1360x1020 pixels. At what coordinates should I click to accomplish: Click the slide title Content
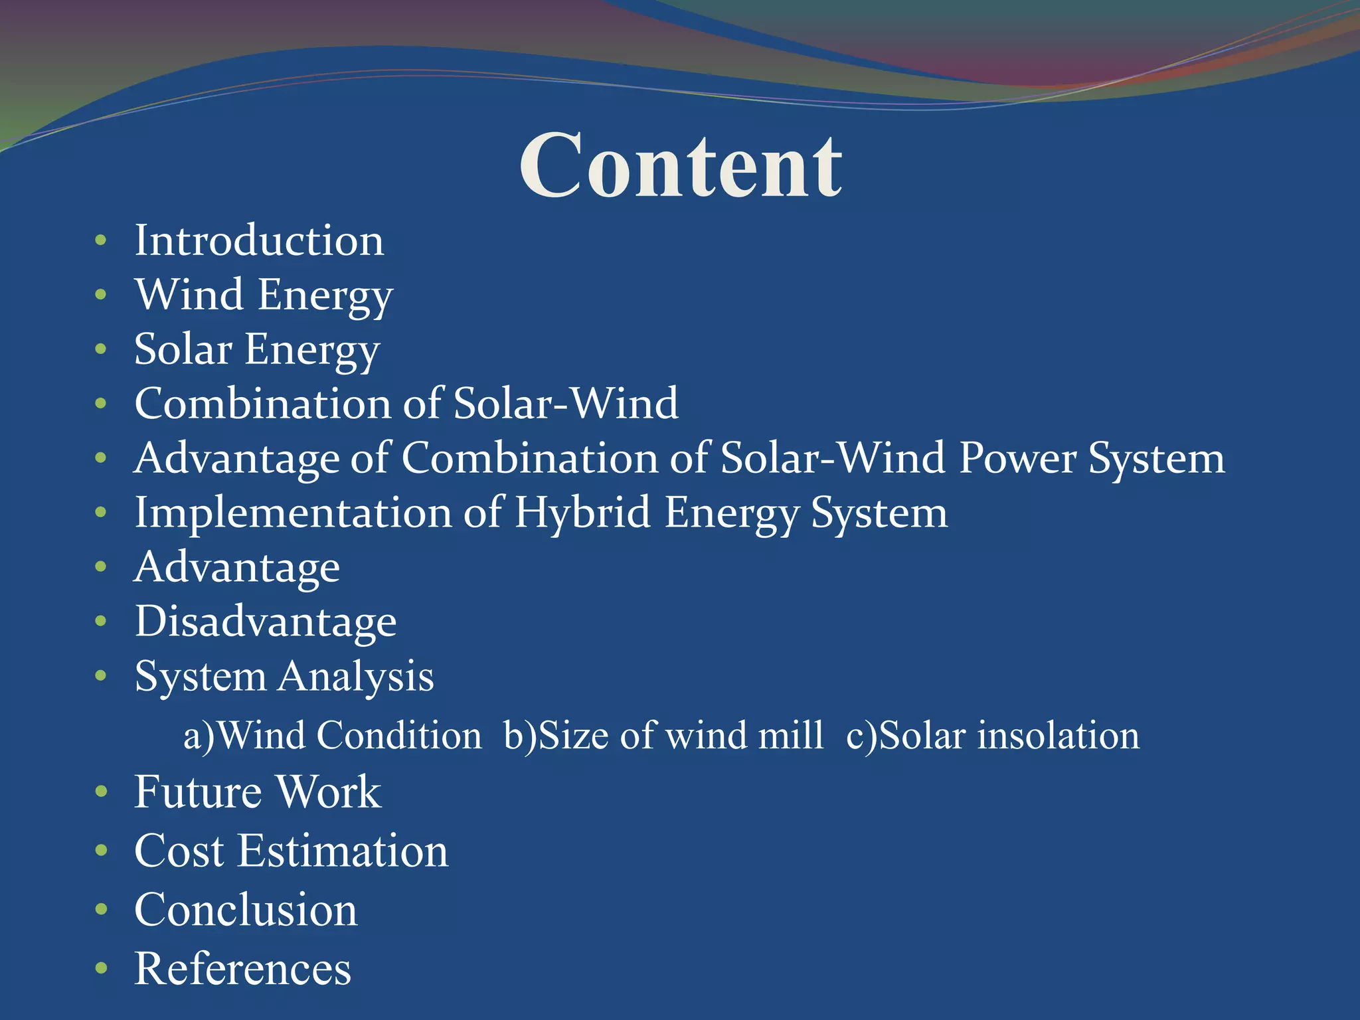(680, 166)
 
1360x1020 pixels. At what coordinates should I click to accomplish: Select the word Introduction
(259, 240)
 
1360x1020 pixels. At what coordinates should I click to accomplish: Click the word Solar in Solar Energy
(183, 349)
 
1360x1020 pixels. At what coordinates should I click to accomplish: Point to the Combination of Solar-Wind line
(406, 404)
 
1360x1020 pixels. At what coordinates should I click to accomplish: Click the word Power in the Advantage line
(1017, 458)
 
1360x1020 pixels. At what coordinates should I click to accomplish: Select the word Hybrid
(582, 513)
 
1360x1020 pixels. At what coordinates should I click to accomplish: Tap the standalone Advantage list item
(237, 568)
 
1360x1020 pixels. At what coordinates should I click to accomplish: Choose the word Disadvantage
(266, 622)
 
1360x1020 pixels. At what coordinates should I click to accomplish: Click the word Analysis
(356, 677)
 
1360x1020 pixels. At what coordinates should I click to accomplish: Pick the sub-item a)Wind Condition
(332, 736)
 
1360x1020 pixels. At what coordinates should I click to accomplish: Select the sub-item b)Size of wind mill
(663, 736)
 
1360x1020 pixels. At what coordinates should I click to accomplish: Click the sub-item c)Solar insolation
(993, 736)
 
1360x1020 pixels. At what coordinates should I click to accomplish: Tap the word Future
(198, 792)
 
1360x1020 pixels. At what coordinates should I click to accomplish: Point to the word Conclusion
(246, 910)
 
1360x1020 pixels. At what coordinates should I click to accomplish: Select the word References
(242, 968)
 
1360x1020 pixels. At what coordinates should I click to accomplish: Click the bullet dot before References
(101, 968)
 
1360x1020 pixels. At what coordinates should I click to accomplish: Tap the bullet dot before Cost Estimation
(101, 851)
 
